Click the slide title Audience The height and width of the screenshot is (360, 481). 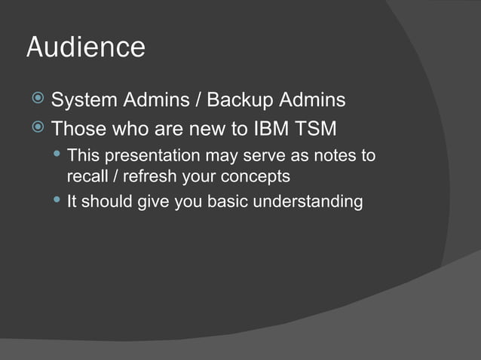pos(85,47)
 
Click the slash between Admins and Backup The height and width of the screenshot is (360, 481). pos(198,99)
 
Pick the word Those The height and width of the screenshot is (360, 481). pos(78,129)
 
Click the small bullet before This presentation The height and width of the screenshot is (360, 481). pos(57,155)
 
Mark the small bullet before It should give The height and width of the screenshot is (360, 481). pos(57,200)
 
